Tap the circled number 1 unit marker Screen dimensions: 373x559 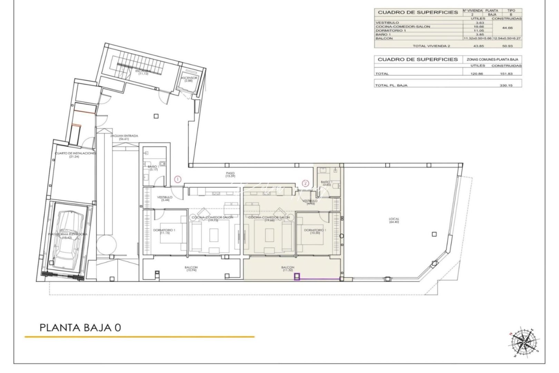(x=177, y=179)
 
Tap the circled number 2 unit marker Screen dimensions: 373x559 (x=305, y=183)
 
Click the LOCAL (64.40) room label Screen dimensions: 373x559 (x=394, y=220)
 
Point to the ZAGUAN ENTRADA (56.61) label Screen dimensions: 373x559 (x=119, y=137)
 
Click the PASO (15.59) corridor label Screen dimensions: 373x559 (x=230, y=175)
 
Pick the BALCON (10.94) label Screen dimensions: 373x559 (x=191, y=269)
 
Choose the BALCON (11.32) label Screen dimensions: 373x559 (x=287, y=269)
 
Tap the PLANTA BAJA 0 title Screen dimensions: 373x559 (x=80, y=327)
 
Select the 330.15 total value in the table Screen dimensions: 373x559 (x=506, y=85)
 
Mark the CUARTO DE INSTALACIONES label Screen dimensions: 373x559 (x=75, y=154)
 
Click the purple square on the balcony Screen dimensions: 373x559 (x=297, y=277)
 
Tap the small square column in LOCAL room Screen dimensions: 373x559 (x=434, y=234)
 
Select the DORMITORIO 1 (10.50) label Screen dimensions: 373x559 (x=314, y=231)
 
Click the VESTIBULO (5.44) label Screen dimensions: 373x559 (x=165, y=199)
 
